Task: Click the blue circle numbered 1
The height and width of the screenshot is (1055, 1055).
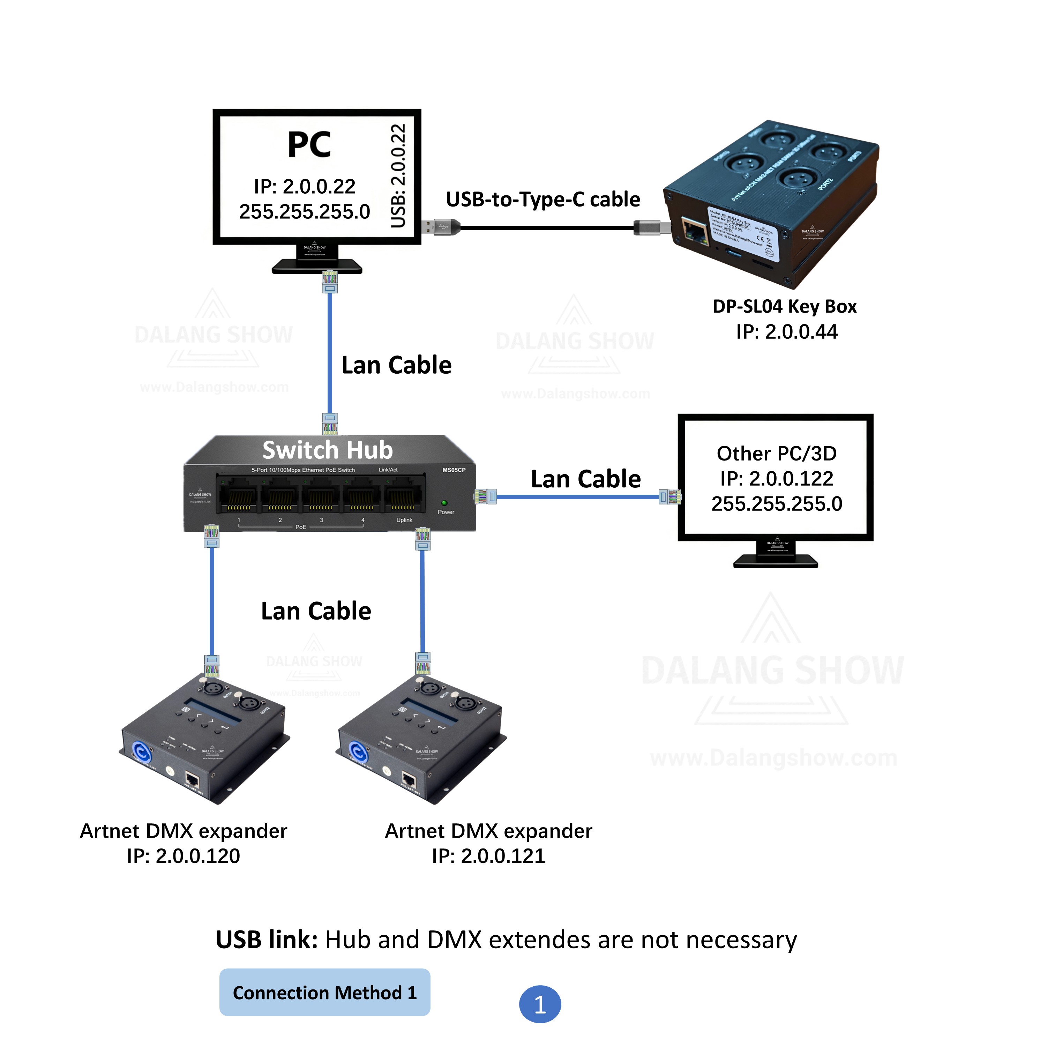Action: [x=539, y=1004]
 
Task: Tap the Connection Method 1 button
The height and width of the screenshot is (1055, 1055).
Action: [x=324, y=992]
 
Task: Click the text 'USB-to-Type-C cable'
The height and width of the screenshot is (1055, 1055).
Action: [x=543, y=199]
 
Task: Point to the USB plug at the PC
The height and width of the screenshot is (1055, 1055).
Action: [x=440, y=227]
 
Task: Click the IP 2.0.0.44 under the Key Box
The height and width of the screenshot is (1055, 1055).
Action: [x=786, y=331]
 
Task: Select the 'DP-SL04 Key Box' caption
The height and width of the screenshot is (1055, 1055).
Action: [x=784, y=306]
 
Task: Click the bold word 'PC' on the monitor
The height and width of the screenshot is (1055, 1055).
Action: [x=309, y=145]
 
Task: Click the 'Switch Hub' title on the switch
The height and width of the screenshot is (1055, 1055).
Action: [x=328, y=450]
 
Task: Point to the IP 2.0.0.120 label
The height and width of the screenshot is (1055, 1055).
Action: [x=184, y=856]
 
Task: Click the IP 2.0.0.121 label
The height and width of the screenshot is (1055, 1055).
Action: [x=488, y=856]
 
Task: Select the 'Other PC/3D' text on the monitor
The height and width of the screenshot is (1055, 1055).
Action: [x=777, y=453]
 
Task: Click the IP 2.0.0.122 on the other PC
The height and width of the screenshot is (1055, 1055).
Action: [x=777, y=478]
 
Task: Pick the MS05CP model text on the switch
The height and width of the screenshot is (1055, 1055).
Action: [x=454, y=470]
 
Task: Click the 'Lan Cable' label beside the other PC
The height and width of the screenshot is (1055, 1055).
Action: [x=585, y=479]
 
